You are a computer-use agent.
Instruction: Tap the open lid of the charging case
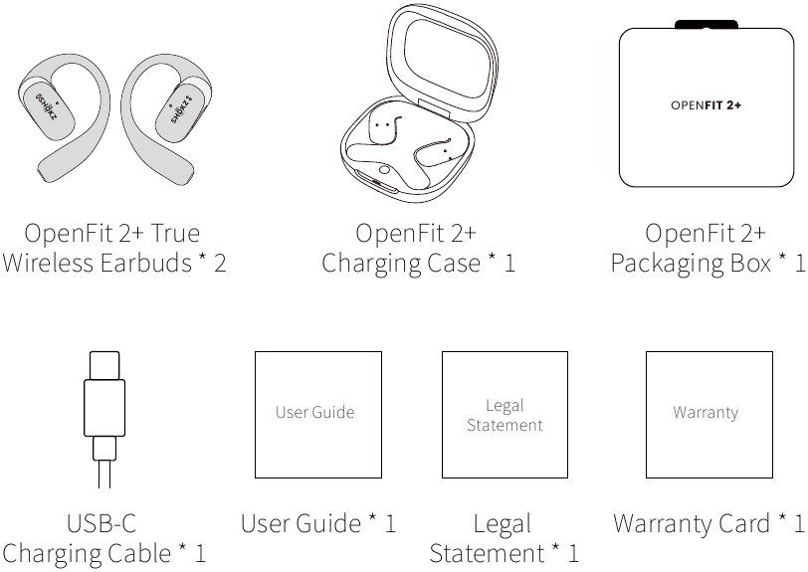(x=442, y=62)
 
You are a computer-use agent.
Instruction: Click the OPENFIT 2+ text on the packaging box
(x=706, y=105)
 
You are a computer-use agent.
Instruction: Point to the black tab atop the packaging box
(x=707, y=24)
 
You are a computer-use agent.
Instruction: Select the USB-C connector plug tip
(x=104, y=365)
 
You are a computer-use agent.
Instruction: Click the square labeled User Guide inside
(x=318, y=415)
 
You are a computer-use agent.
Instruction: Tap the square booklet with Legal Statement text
(x=505, y=415)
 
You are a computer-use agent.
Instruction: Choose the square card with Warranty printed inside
(x=709, y=415)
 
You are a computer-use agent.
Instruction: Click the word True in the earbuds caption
(x=175, y=233)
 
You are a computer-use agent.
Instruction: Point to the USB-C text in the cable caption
(x=101, y=523)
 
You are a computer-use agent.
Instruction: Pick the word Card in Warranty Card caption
(x=744, y=523)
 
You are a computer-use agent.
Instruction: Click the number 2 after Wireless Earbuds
(x=220, y=264)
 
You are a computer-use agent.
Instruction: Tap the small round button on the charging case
(x=384, y=170)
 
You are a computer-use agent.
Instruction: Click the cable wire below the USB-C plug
(x=104, y=475)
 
